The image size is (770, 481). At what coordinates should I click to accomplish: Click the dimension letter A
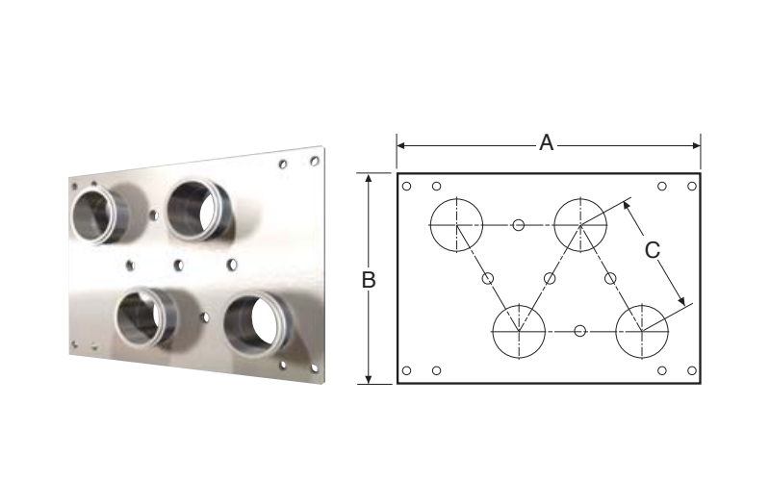(547, 142)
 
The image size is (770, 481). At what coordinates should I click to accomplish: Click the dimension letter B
(369, 280)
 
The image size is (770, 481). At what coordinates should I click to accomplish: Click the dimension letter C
(653, 250)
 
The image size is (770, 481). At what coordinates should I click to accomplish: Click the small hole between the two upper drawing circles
(519, 225)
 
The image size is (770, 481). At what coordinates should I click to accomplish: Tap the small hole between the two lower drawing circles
(580, 331)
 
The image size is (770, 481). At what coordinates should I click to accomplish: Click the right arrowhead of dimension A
(696, 145)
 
